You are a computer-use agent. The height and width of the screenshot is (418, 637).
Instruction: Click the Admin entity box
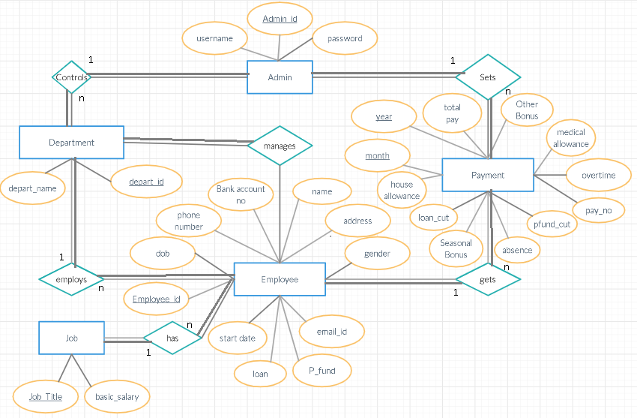280,77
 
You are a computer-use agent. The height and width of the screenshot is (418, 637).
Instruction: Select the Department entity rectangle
71,143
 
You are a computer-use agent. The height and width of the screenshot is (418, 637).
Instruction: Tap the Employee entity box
280,280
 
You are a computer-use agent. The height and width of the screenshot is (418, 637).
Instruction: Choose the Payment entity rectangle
488,175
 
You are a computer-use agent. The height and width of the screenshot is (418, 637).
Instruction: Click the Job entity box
71,338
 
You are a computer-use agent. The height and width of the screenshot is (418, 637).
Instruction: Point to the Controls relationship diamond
71,77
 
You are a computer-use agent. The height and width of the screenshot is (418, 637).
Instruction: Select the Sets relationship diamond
488,77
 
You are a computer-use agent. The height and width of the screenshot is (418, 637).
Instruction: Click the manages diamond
280,146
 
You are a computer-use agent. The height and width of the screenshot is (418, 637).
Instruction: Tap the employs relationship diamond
71,280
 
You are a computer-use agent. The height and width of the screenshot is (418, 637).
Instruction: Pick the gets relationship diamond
488,279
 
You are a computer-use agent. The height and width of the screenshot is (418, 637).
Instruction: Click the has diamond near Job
172,338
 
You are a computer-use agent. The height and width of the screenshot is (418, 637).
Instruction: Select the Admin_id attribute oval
280,19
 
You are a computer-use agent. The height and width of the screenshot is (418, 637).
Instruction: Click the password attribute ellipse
345,38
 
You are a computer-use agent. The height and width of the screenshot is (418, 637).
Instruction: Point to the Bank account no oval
241,194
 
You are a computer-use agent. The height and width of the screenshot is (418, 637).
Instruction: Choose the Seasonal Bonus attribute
456,248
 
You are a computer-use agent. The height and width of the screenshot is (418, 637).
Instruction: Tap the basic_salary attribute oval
117,397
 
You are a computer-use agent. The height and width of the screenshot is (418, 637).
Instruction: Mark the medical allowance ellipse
571,138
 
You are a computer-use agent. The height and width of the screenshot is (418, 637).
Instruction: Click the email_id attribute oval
331,331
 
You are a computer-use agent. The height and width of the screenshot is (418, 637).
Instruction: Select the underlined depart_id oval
146,182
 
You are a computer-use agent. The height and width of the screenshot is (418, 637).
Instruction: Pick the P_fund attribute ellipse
322,370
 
